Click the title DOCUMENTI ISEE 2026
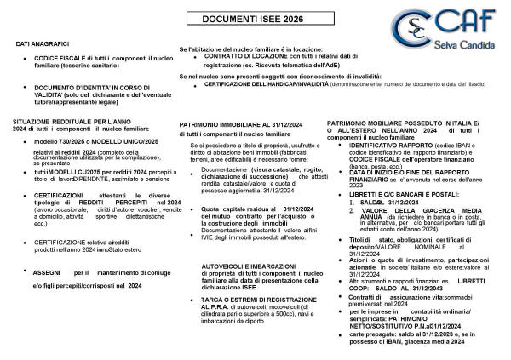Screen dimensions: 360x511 pos(255,19)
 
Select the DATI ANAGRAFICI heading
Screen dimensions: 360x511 pos(42,43)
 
